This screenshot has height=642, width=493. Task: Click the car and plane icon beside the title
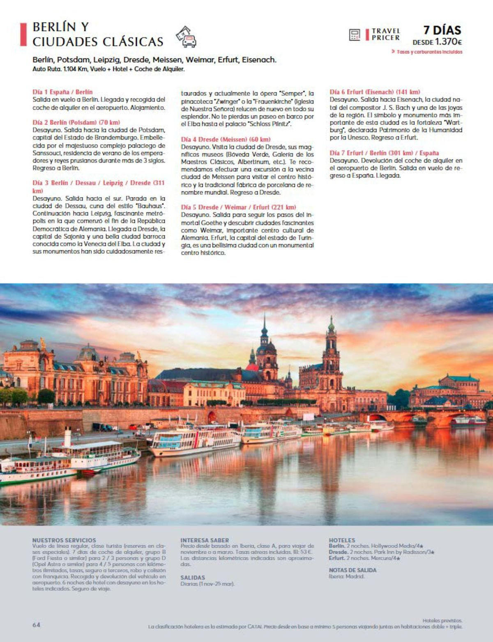(186, 37)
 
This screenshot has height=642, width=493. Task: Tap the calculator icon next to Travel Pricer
(354, 35)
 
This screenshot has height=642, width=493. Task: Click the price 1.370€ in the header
(448, 42)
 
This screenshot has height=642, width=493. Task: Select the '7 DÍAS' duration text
(442, 30)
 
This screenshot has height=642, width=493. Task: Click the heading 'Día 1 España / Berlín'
(62, 92)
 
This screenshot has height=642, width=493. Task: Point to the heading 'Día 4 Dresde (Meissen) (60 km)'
(226, 139)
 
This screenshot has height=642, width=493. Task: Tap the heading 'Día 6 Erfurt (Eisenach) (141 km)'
(375, 92)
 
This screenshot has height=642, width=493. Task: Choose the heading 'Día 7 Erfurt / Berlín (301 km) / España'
(384, 153)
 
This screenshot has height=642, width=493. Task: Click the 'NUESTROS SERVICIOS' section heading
(64, 540)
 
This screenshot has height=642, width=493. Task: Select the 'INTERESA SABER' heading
(205, 540)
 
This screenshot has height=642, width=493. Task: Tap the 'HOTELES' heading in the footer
(342, 540)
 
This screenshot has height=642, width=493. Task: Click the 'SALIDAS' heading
(193, 578)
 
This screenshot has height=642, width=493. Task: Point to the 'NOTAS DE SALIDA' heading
(352, 570)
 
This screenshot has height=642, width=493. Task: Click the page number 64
(37, 625)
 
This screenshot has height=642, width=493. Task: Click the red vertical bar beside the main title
(23, 35)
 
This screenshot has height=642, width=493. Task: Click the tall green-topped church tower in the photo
(331, 353)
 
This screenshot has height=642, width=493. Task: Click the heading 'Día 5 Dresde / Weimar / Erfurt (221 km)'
(238, 207)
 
